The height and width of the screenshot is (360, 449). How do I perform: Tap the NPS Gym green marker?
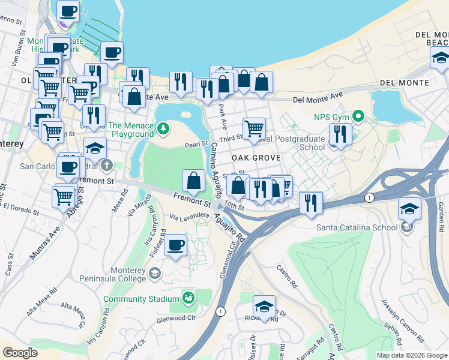pos(359,115)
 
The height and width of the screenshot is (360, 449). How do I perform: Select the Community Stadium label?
pos(142,299)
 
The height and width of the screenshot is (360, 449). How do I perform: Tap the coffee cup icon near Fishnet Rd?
pos(175,245)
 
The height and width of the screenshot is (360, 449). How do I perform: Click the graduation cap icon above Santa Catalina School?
pos(409,209)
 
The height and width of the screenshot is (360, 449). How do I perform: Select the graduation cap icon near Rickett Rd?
pos(264,307)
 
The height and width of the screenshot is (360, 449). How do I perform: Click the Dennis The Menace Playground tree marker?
pos(163,128)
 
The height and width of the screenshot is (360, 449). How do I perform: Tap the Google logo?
pos(20,353)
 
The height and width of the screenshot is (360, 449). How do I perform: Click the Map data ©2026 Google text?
pos(411,355)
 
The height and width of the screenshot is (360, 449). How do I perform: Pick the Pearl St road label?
pos(196,145)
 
